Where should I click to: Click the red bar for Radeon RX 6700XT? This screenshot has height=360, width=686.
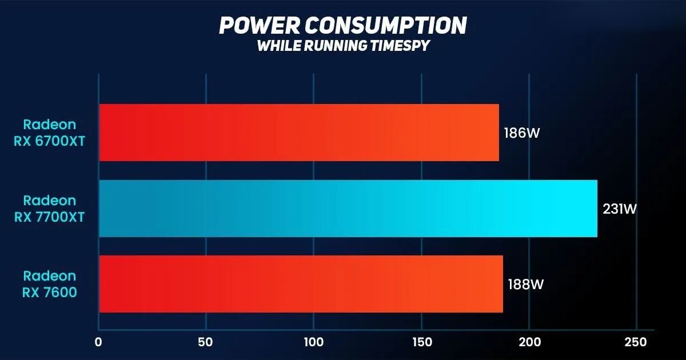(x=298, y=133)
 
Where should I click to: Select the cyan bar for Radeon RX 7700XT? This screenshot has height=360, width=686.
(x=348, y=209)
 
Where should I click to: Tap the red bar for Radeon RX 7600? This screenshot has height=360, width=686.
(x=301, y=284)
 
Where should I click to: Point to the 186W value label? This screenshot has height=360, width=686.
(x=522, y=133)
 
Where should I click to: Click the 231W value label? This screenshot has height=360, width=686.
(x=620, y=209)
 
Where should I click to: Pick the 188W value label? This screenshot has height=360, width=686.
(x=525, y=284)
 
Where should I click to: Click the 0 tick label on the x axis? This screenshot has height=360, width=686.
(x=98, y=343)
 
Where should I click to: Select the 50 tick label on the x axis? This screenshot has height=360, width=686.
(x=206, y=343)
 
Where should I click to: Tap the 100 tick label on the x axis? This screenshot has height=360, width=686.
(x=313, y=343)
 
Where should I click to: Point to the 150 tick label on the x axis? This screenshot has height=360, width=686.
(x=421, y=343)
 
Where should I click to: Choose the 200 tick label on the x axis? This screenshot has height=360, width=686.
(x=529, y=343)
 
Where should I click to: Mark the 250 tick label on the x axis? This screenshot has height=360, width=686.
(x=636, y=343)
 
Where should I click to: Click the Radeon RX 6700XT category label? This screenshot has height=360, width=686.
(x=49, y=133)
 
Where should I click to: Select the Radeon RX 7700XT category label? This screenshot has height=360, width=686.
(x=49, y=209)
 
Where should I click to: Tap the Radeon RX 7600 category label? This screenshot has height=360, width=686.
(x=49, y=284)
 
